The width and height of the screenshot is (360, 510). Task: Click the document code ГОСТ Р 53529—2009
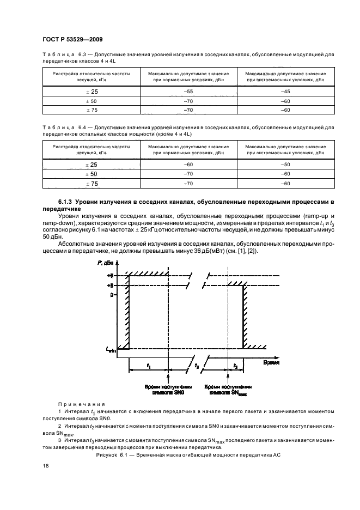coord(72,39)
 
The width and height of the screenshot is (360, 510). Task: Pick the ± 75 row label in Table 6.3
coord(90,111)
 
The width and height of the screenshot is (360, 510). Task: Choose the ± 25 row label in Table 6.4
coord(90,164)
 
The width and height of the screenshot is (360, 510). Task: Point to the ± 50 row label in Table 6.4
coord(90,174)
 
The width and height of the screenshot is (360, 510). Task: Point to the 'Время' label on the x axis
coord(271,361)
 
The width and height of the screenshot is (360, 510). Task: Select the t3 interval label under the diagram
coord(235,366)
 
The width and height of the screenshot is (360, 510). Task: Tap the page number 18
coord(45,465)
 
